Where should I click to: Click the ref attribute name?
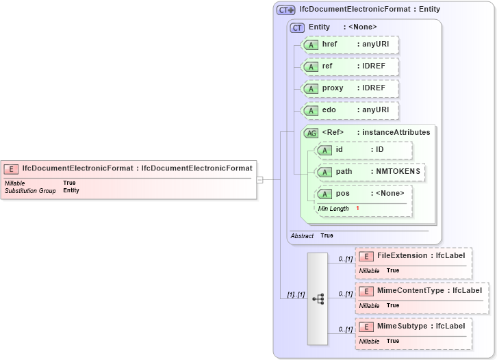pyautogui.click(x=327, y=66)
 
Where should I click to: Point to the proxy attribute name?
pyautogui.click(x=333, y=88)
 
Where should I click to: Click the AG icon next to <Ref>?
pyautogui.click(x=311, y=133)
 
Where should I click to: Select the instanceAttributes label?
pyautogui.click(x=396, y=132)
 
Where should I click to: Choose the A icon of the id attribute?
pyautogui.click(x=324, y=150)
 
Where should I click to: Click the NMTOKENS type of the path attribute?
pyautogui.click(x=398, y=171)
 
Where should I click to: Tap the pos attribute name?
pyautogui.click(x=342, y=194)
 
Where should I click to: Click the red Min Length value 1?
pyautogui.click(x=357, y=208)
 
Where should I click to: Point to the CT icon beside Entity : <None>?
pyautogui.click(x=297, y=27)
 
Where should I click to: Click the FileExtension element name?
pyautogui.click(x=402, y=255)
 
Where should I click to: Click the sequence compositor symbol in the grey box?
pyautogui.click(x=318, y=298)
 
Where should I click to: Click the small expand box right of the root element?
pyautogui.click(x=260, y=180)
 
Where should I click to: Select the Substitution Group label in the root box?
pyautogui.click(x=30, y=190)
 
